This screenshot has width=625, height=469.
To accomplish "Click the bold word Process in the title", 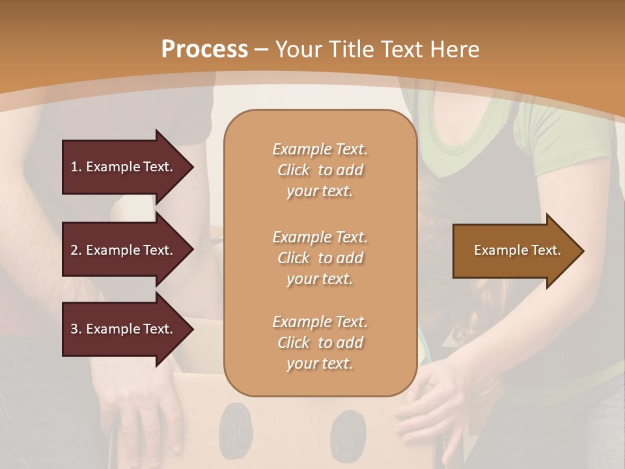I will pyautogui.click(x=204, y=50).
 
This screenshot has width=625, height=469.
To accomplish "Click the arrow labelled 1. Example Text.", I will pyautogui.click(x=124, y=167).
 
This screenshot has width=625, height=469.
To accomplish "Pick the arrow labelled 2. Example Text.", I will pyautogui.click(x=124, y=250).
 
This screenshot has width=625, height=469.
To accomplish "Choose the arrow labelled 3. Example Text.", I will pyautogui.click(x=124, y=330).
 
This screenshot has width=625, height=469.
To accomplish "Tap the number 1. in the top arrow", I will pyautogui.click(x=76, y=167).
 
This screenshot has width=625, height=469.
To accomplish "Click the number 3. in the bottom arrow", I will pyautogui.click(x=76, y=330).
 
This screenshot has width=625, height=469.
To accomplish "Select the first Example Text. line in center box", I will pyautogui.click(x=320, y=149).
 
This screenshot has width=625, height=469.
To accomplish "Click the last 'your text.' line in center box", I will pyautogui.click(x=320, y=364).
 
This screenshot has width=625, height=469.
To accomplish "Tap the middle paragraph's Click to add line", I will pyautogui.click(x=320, y=258).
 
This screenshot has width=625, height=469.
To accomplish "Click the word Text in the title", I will pyautogui.click(x=406, y=50).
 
